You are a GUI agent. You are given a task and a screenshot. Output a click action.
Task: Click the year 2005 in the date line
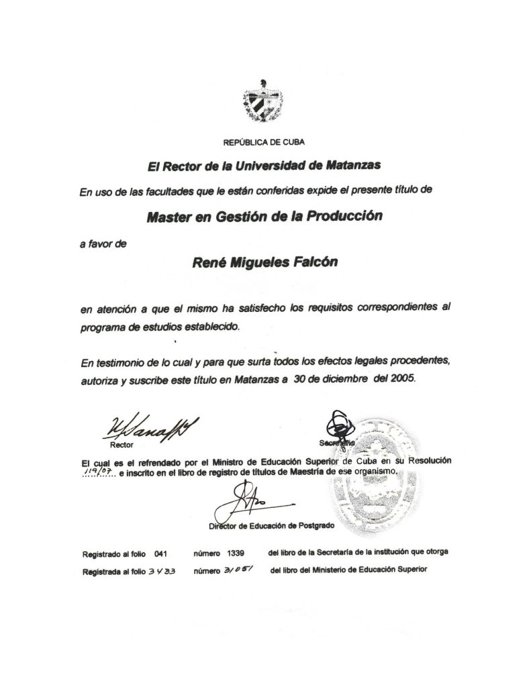pyautogui.click(x=402, y=378)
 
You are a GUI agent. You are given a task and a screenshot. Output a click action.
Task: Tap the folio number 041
pyautogui.click(x=160, y=554)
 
